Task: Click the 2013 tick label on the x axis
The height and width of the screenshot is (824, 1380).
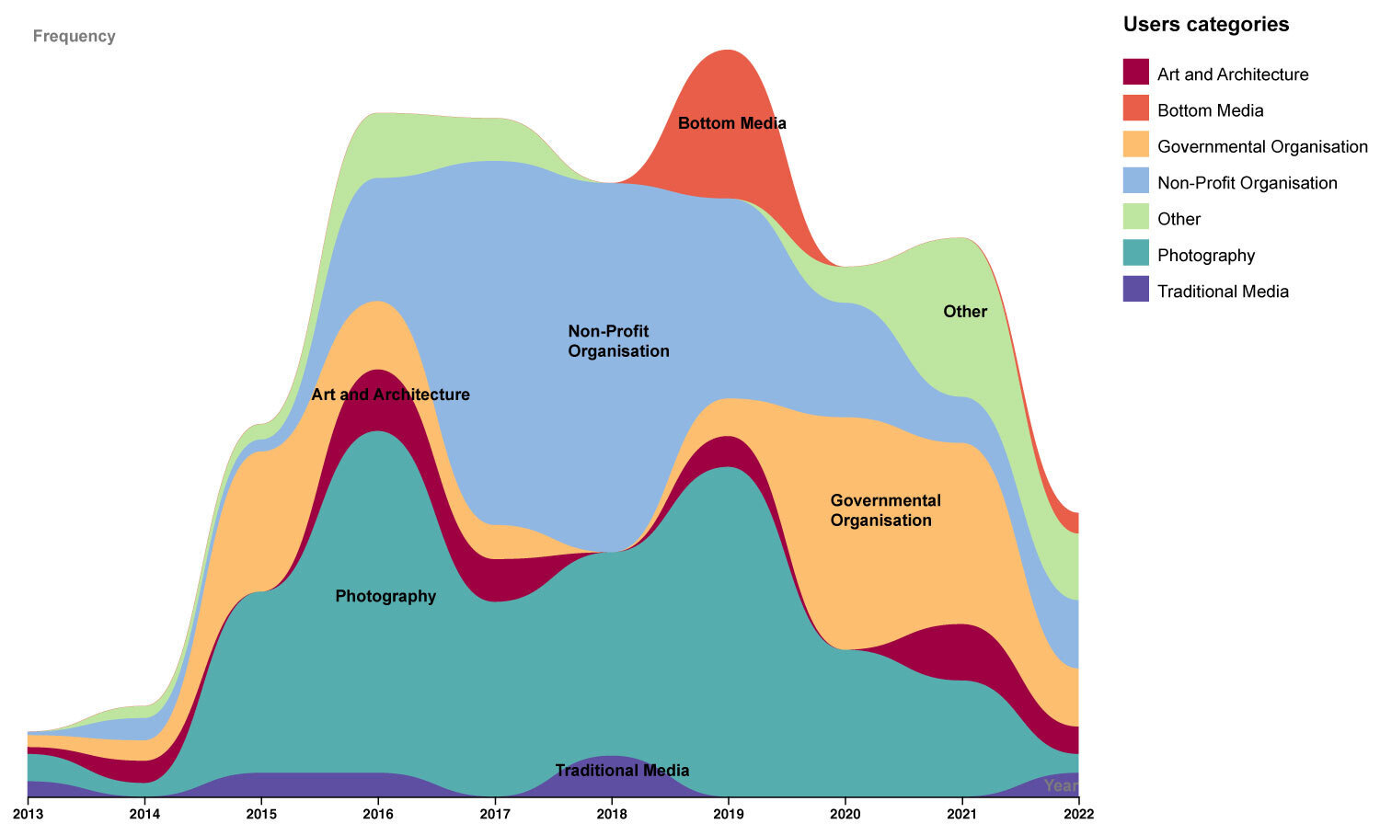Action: point(28,813)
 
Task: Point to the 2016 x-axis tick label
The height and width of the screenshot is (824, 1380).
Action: point(378,813)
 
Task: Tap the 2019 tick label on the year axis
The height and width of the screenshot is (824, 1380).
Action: point(729,813)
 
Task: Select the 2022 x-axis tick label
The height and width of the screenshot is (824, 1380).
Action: point(1078,813)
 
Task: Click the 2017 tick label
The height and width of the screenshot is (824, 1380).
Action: point(495,813)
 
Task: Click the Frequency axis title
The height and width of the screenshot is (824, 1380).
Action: point(74,37)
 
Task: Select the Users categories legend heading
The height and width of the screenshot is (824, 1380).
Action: point(1205,25)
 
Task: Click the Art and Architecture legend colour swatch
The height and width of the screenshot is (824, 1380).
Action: point(1136,73)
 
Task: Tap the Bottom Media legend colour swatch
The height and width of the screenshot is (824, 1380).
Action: point(1136,109)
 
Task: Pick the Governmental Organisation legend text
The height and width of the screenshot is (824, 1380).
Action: point(1262,146)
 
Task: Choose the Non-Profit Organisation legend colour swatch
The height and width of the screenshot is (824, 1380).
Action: point(1136,181)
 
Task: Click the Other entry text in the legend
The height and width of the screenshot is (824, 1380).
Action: point(1179,219)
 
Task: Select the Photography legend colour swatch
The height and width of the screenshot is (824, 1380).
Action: point(1136,253)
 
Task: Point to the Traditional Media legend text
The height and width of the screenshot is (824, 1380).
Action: point(1223,292)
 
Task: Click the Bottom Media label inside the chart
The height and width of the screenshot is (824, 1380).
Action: point(731,123)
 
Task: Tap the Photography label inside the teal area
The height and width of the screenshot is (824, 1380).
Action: point(385,596)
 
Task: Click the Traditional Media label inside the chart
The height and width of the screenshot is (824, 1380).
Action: point(622,771)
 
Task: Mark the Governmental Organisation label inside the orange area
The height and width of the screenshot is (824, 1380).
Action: point(885,510)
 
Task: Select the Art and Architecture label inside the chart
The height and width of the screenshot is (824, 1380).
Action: point(390,395)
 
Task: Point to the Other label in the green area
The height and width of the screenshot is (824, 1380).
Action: point(965,312)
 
